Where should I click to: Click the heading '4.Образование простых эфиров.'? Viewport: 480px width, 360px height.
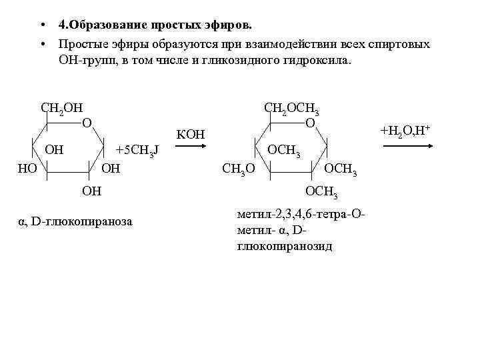click(x=155, y=25)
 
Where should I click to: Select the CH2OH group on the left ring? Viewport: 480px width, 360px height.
click(x=61, y=108)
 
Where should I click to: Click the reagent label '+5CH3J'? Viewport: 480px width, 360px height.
click(x=137, y=151)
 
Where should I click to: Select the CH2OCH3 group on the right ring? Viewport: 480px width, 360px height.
click(x=291, y=108)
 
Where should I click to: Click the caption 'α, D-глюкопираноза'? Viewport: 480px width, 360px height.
click(x=75, y=221)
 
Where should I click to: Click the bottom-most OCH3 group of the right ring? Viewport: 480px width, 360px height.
click(x=321, y=193)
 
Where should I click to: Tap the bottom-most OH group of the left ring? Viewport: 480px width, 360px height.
click(x=91, y=192)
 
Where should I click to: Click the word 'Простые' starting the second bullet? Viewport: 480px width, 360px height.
click(x=80, y=44)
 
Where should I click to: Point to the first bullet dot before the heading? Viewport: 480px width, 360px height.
click(x=42, y=26)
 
